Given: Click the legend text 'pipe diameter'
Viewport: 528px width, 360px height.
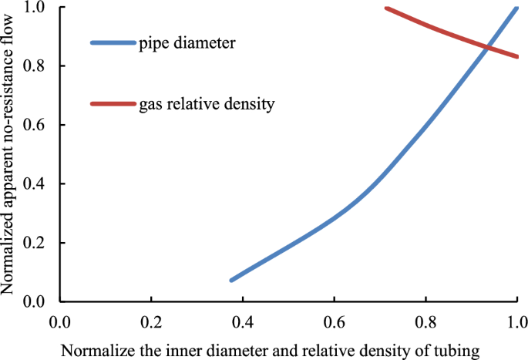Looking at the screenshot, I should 188,43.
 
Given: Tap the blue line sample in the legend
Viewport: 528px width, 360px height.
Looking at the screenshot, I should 113,42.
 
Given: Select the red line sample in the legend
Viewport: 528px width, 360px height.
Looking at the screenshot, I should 113,103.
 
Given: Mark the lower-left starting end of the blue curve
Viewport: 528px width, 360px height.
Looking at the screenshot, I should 232,280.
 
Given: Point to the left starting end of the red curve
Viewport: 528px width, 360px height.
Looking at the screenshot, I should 386,8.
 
